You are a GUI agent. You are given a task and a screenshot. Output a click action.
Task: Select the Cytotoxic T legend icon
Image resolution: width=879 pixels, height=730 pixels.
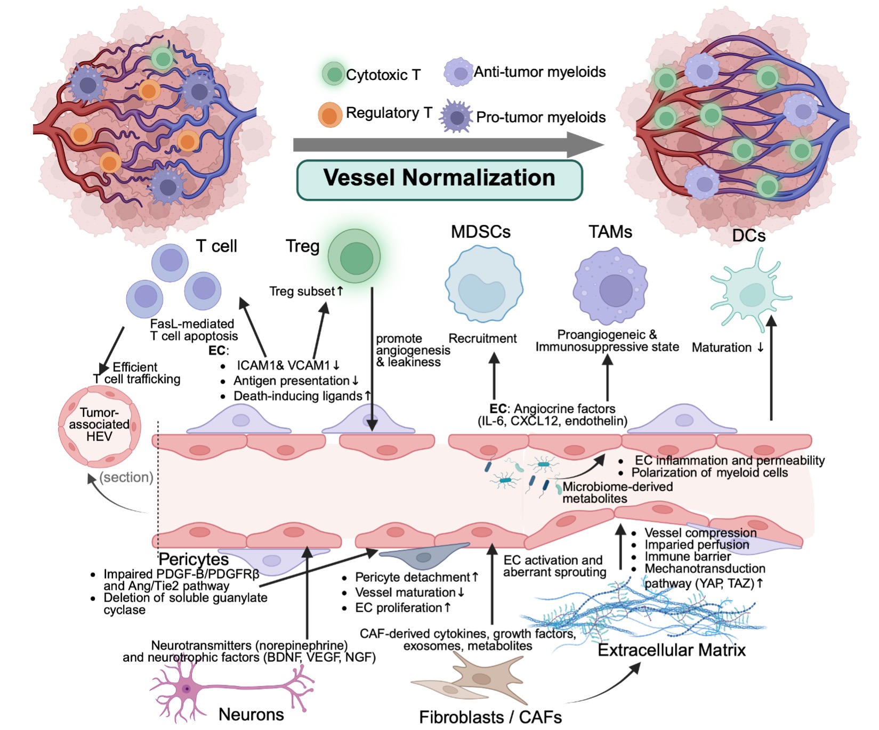pos(334,74)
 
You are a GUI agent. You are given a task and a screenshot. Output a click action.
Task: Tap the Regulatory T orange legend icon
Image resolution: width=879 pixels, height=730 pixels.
pos(330,115)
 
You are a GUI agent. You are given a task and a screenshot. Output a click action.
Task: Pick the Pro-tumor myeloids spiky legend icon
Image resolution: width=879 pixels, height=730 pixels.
pos(456,117)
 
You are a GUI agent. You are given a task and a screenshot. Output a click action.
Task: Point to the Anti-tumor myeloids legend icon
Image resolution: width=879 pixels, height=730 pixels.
pos(458,72)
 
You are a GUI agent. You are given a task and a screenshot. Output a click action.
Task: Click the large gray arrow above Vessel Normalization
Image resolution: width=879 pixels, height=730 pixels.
pos(448,144)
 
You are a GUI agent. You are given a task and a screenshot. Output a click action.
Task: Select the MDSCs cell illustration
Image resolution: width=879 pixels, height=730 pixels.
pos(483,285)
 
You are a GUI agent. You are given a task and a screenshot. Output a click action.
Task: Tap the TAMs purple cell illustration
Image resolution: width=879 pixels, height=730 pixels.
pos(611,288)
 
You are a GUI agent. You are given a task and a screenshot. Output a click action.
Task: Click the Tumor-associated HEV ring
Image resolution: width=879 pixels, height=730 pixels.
pos(99,426)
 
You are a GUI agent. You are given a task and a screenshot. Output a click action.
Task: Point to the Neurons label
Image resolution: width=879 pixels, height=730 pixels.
pos(251,714)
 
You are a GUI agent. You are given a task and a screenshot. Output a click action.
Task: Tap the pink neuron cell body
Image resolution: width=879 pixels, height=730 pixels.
pos(186,689)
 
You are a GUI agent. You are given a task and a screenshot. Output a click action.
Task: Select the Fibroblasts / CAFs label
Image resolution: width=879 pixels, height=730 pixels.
pos(490,717)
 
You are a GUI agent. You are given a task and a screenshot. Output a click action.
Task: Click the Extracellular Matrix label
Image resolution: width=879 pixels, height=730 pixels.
pos(671,650)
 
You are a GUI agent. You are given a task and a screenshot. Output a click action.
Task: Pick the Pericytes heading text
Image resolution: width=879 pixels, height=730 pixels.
pos(193,559)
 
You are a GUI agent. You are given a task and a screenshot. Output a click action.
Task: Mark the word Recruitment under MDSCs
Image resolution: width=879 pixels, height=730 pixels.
pos(482,338)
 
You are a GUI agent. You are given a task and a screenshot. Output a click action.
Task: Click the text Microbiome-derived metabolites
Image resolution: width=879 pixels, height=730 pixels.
pos(617,493)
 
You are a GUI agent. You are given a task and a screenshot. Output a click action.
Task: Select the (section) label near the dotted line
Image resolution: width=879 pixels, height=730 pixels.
pos(126,477)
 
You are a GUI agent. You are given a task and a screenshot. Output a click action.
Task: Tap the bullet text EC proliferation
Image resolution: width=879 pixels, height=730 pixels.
pos(402,607)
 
